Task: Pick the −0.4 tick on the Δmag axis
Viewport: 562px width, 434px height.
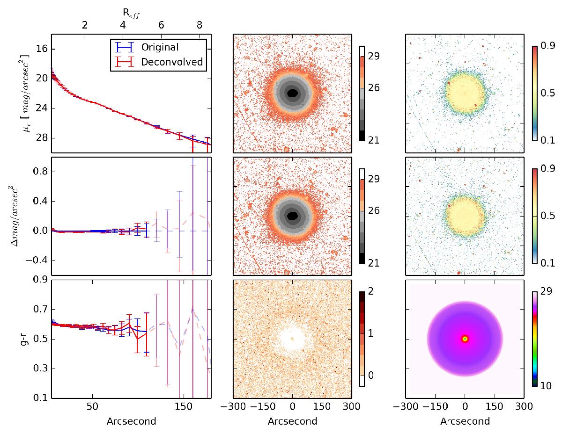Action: (35, 260)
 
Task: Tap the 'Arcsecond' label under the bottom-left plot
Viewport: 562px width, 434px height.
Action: (131, 421)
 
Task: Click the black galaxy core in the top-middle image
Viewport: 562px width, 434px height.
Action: (292, 93)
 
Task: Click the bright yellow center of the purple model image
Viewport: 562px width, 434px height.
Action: (465, 339)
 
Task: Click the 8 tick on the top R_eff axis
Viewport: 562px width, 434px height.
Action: (199, 25)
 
